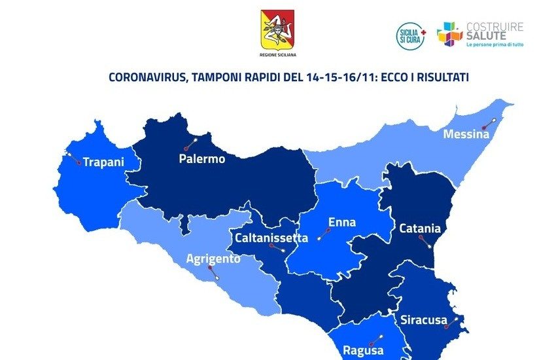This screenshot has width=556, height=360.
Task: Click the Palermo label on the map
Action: point(202,158)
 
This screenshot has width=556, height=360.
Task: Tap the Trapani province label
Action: point(103,162)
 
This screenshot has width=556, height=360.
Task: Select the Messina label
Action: point(466,134)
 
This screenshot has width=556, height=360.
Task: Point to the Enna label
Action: point(342,223)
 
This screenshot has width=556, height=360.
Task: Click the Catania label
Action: point(420,228)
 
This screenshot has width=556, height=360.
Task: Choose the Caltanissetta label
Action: point(272,238)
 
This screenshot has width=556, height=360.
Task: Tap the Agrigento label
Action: point(213,259)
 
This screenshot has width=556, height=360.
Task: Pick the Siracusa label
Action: point(424,321)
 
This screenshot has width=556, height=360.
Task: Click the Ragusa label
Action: point(363,350)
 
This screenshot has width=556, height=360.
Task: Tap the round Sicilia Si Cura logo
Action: point(411,35)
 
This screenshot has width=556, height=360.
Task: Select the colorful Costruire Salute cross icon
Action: point(449,35)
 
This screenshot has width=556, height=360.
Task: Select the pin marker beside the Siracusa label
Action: point(451,322)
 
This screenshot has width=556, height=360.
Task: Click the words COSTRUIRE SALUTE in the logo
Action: point(495,31)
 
